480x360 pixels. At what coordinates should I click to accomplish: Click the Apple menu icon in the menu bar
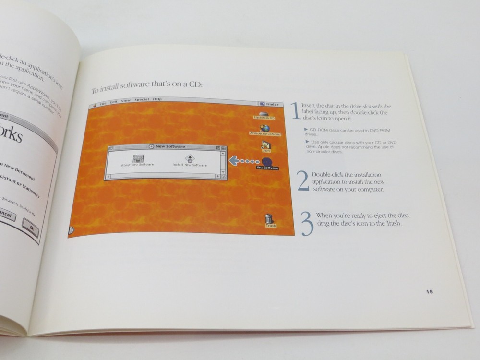pos(95,104)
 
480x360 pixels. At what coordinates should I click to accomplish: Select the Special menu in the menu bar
pos(142,100)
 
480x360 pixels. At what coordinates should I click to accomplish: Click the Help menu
pos(157,99)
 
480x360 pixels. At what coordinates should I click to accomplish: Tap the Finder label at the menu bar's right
pos(270,104)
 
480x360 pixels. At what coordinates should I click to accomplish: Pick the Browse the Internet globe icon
pos(264,128)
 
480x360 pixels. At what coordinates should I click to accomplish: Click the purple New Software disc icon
pos(267,161)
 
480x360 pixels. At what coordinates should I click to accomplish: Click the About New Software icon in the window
pos(137,158)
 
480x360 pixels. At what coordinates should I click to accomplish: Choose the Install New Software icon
pos(190,158)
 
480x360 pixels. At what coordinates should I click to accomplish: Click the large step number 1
pos(297,111)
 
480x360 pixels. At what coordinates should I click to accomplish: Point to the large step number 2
pos(303,181)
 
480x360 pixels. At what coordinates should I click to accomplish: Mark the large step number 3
pos(307,224)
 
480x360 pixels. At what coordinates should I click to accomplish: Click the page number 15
pos(429,291)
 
